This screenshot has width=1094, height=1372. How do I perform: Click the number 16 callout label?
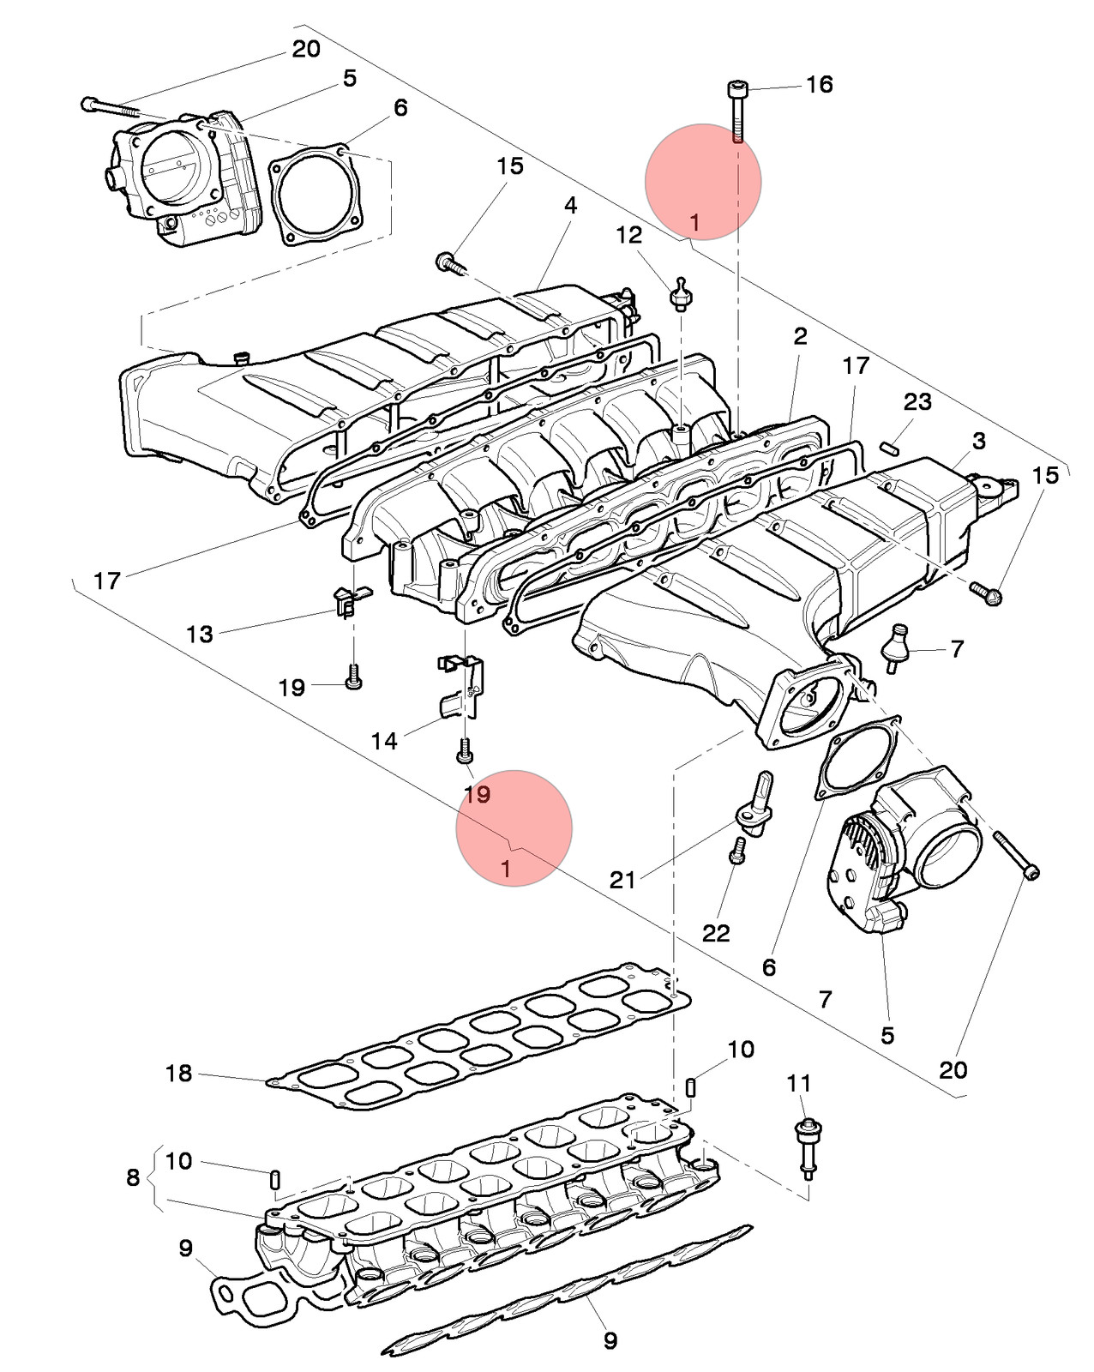[x=820, y=84]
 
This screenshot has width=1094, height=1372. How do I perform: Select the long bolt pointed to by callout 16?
[x=737, y=113]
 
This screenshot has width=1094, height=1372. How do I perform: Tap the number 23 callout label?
[x=917, y=401]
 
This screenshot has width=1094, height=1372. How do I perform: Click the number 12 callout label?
[x=628, y=235]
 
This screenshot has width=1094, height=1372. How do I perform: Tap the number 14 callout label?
[x=384, y=741]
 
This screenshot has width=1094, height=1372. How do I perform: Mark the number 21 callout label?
[x=622, y=881]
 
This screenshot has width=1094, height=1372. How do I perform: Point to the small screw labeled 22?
[x=737, y=850]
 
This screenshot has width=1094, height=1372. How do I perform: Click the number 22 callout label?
[x=715, y=933]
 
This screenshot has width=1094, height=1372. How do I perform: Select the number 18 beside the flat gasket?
[x=178, y=1073]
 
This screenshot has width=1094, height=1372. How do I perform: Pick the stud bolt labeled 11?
[x=808, y=1148]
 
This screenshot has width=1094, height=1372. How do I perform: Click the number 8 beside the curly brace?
[x=133, y=1176]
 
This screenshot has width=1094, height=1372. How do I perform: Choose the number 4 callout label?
[x=571, y=205]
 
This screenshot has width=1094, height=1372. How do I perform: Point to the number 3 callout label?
[x=978, y=441]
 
